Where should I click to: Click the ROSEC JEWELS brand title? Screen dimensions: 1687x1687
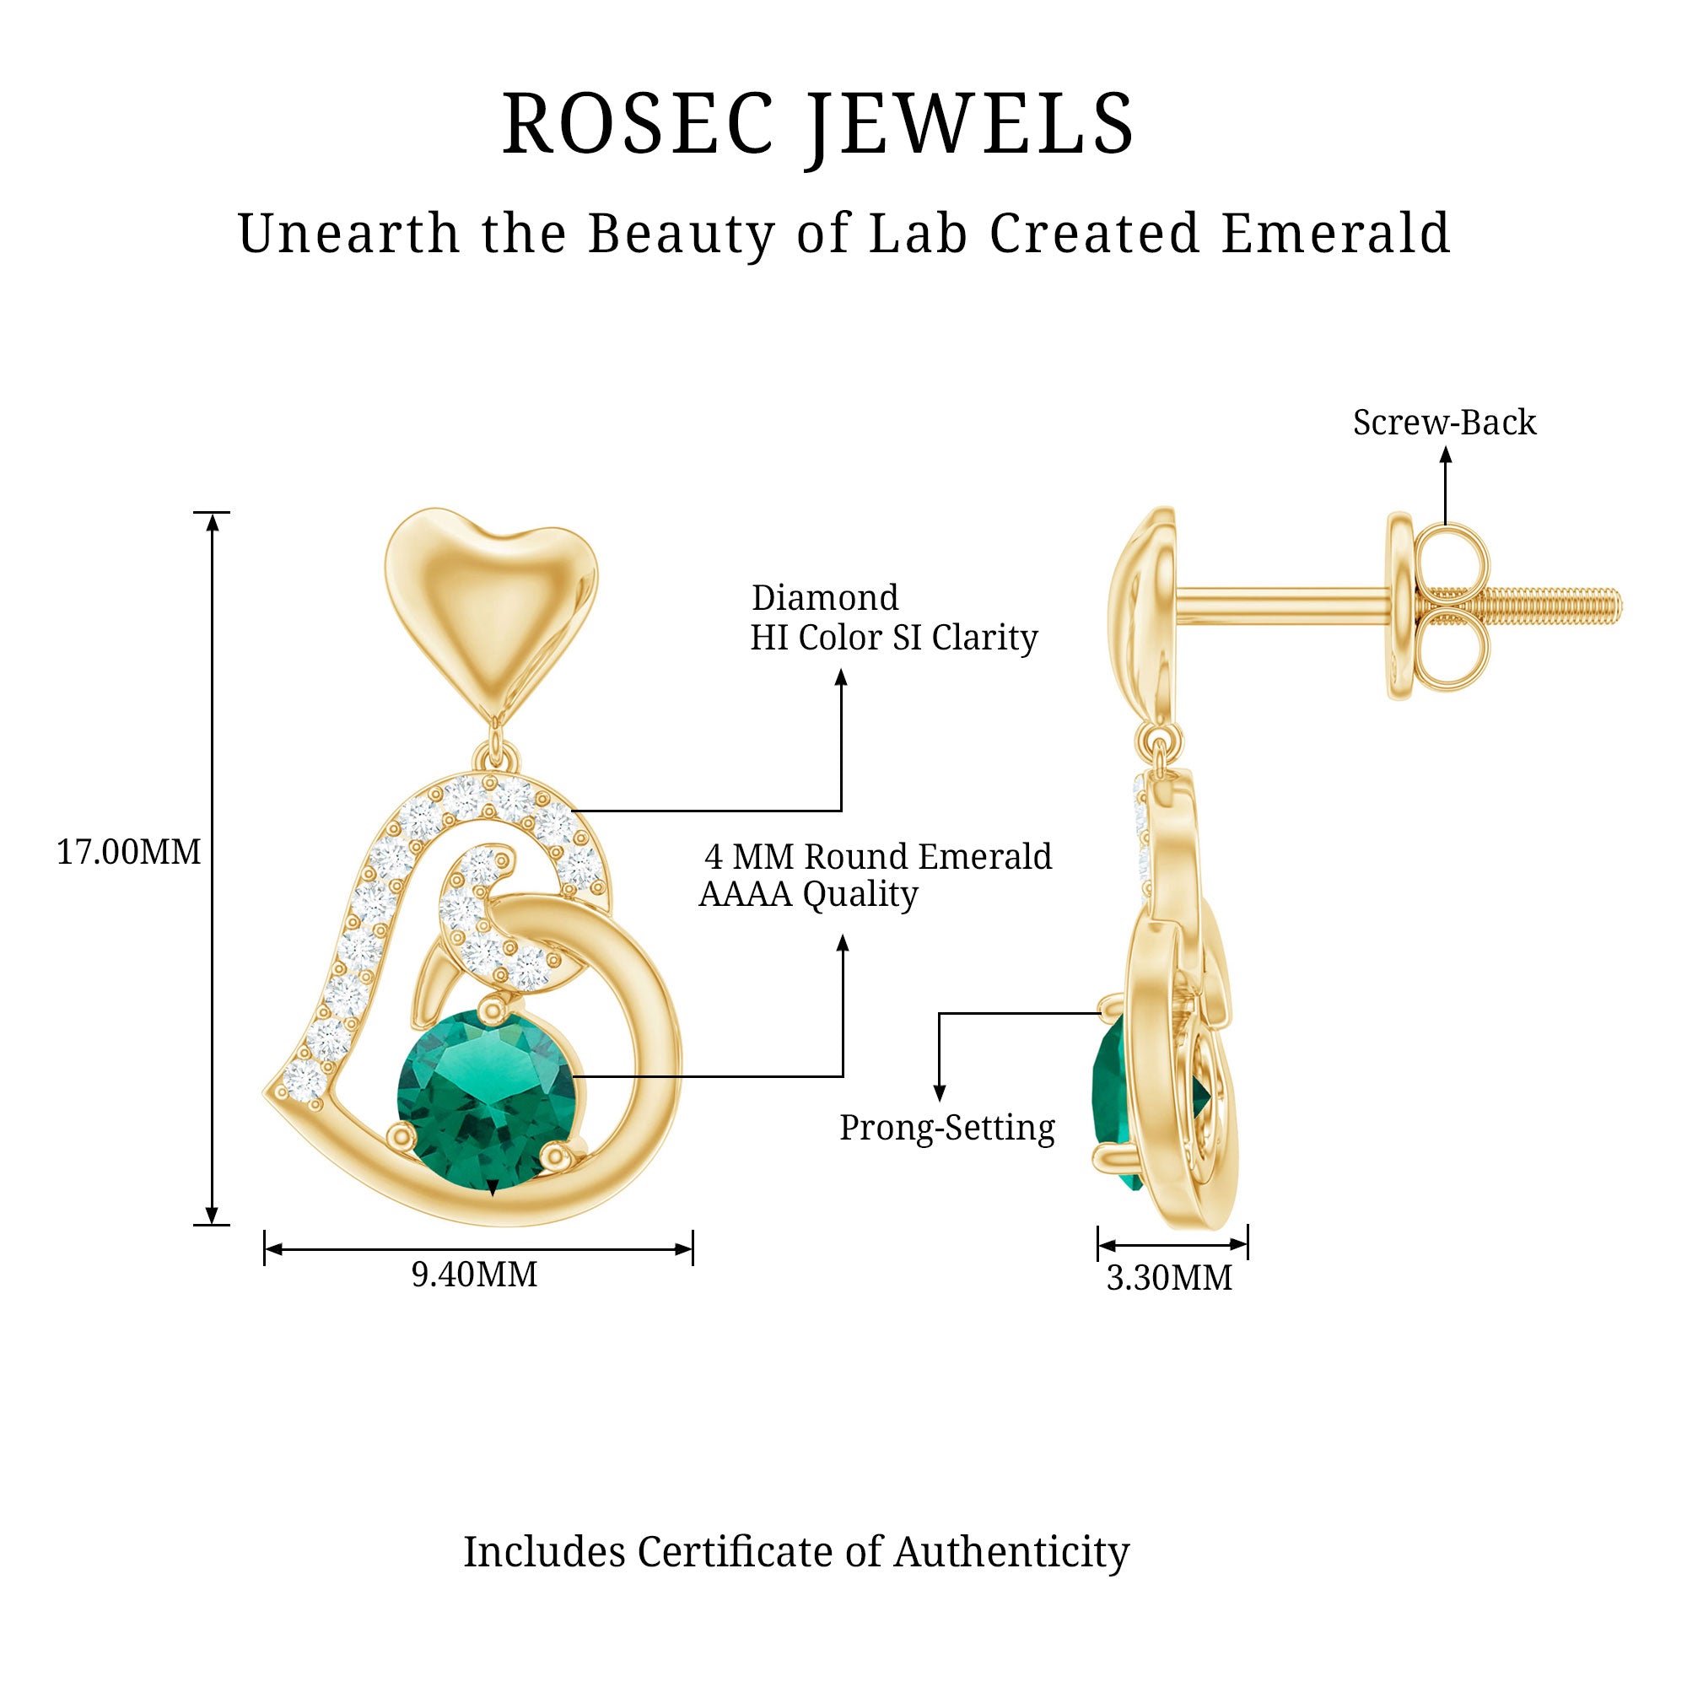(x=818, y=124)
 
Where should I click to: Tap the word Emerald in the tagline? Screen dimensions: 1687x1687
(x=1335, y=234)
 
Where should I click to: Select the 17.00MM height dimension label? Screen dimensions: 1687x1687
(x=128, y=851)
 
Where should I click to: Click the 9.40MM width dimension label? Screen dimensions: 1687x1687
(x=474, y=1275)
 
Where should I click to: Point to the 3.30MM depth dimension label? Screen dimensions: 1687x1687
(x=1169, y=1279)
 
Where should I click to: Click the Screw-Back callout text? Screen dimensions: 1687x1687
(x=1444, y=423)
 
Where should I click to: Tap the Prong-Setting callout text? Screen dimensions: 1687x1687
(x=947, y=1127)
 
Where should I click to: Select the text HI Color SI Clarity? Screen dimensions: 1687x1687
(x=893, y=639)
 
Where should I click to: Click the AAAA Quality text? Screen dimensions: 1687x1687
(x=809, y=894)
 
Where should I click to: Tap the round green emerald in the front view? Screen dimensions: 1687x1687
(x=487, y=1092)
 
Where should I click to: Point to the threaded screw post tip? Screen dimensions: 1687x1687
(x=1611, y=606)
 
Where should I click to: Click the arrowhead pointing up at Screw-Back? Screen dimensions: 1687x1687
(x=1446, y=455)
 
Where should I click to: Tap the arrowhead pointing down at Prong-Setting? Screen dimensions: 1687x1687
(x=940, y=1093)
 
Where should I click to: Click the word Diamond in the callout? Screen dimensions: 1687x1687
(x=825, y=598)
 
